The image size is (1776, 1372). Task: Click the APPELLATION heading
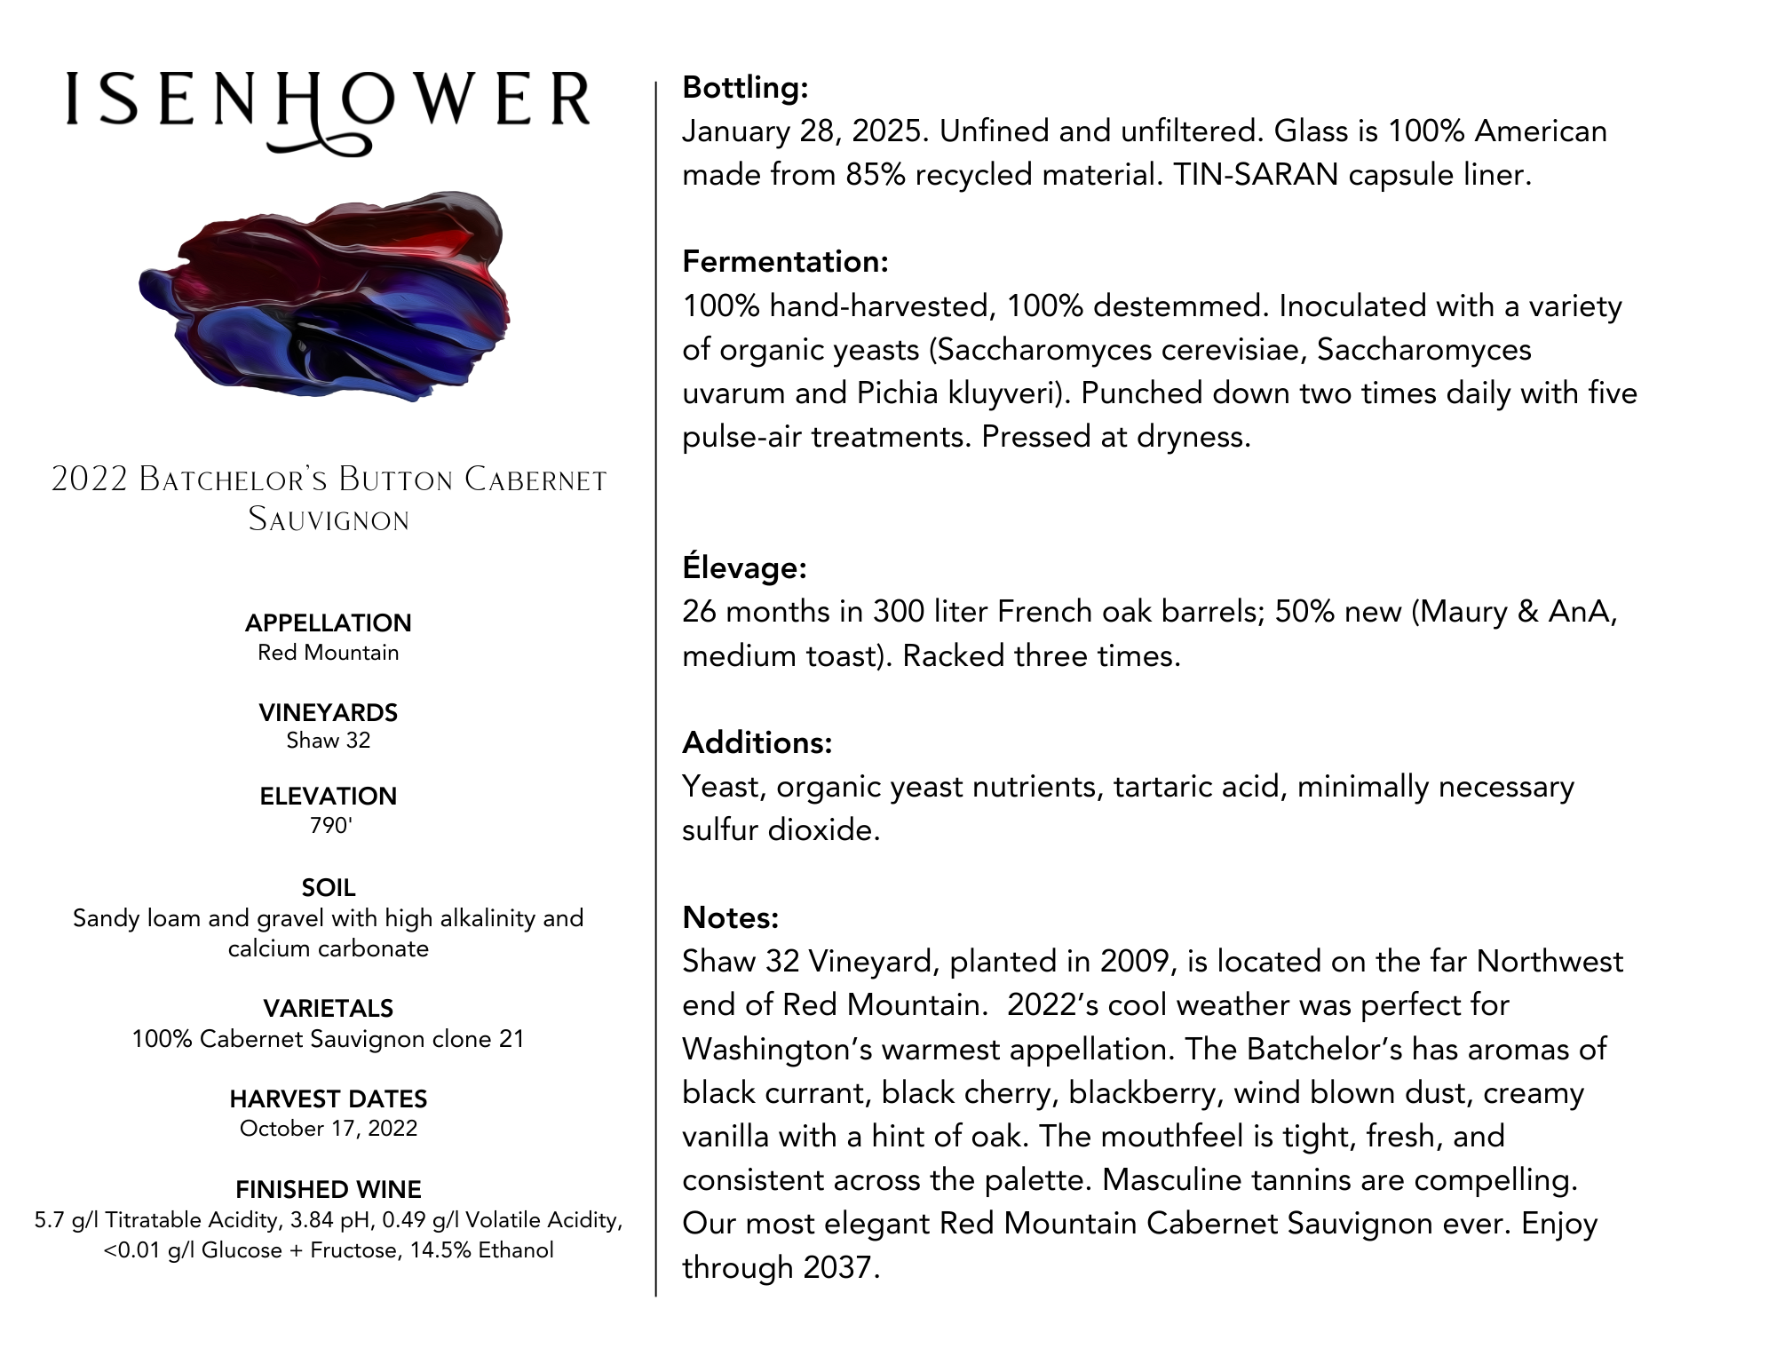coord(328,623)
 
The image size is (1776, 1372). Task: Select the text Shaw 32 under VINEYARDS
coord(328,741)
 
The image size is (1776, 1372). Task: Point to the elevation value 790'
coord(330,826)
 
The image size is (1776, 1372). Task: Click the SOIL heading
coord(328,887)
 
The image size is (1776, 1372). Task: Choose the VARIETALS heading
coord(328,1008)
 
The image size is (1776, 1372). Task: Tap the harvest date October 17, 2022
coord(328,1129)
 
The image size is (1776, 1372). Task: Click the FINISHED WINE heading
coord(328,1189)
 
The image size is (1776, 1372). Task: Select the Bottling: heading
coord(745,87)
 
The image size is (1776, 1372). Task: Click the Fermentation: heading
coord(785,261)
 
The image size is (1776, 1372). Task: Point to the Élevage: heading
coord(744,567)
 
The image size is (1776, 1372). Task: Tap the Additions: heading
coord(757,742)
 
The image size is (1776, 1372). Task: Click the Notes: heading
coord(730,917)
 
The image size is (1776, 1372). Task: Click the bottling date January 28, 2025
coord(805,131)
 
